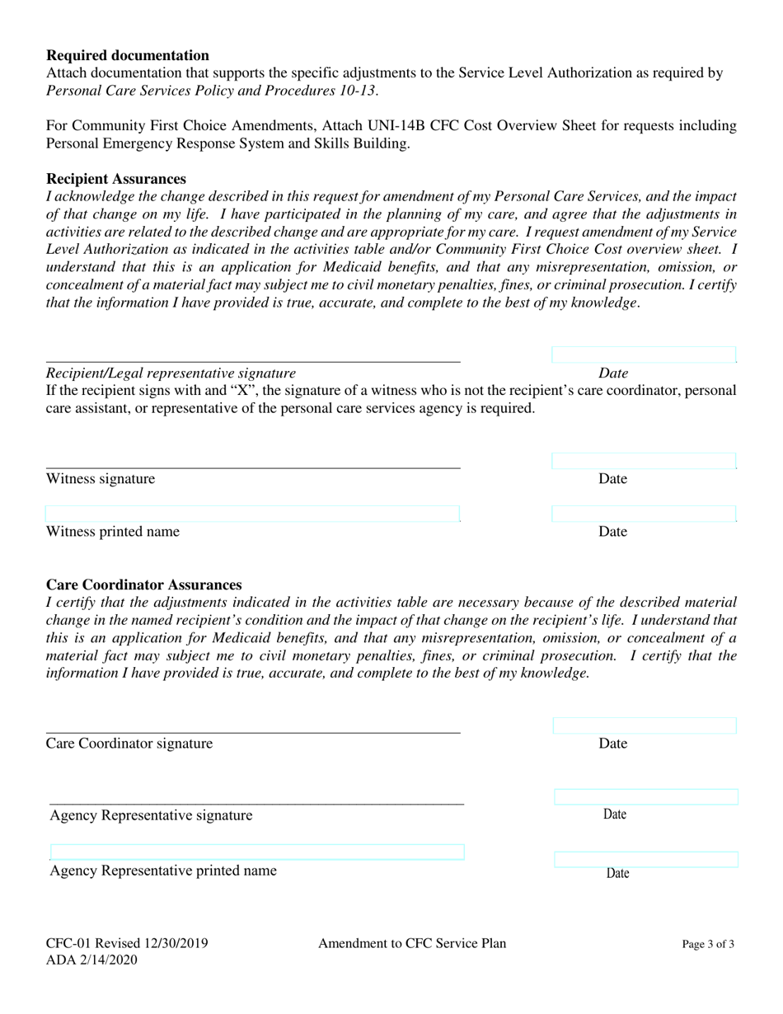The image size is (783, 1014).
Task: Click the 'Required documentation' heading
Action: [128, 55]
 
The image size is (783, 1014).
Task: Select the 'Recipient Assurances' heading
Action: [116, 179]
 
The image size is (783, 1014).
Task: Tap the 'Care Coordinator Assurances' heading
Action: [144, 585]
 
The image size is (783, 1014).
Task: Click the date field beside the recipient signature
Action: [644, 355]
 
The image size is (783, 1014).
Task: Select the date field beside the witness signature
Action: [644, 462]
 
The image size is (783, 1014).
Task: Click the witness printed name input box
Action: [252, 514]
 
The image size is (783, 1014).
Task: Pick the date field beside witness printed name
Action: [644, 514]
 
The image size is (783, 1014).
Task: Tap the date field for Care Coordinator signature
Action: [645, 726]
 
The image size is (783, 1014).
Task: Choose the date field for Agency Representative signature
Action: [646, 797]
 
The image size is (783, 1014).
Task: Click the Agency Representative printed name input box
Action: [257, 852]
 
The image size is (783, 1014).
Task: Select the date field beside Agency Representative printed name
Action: [646, 860]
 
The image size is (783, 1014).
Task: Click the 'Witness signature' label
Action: [101, 479]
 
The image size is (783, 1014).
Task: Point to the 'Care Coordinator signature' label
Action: [129, 744]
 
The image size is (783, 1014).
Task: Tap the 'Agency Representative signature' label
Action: [152, 816]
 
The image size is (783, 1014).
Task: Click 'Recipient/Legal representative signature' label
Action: [171, 373]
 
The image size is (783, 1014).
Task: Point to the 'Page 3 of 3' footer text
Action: [708, 945]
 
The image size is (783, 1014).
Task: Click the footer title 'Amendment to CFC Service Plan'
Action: [412, 943]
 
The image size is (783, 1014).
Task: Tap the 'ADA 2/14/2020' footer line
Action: [92, 960]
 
